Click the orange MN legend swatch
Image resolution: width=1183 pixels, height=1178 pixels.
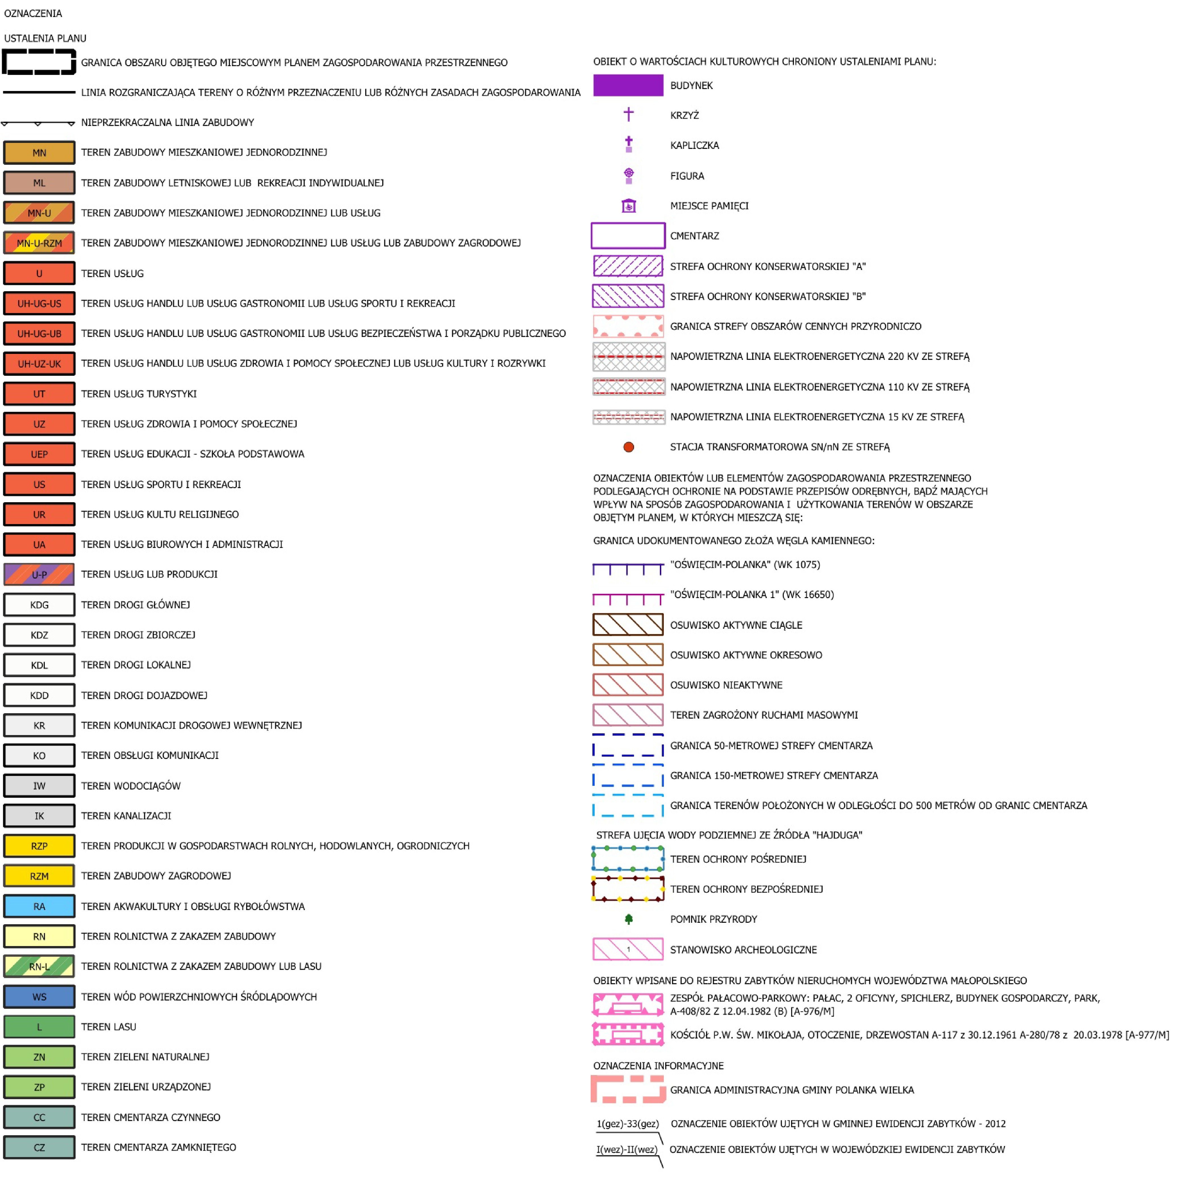coord(39,153)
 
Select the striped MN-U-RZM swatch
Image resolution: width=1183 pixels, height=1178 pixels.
coord(39,243)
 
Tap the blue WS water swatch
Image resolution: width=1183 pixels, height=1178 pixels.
coord(39,997)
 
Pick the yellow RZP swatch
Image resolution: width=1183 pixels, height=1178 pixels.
coord(39,846)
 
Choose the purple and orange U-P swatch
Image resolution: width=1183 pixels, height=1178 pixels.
coord(39,574)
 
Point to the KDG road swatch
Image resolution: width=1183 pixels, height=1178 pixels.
coord(39,605)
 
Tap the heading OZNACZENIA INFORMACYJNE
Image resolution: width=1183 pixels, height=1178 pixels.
coord(658,1066)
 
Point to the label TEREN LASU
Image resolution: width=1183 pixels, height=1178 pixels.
coord(108,1027)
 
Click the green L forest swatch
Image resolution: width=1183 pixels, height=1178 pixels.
coord(39,1027)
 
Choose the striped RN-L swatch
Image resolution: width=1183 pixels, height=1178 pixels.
coord(39,967)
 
